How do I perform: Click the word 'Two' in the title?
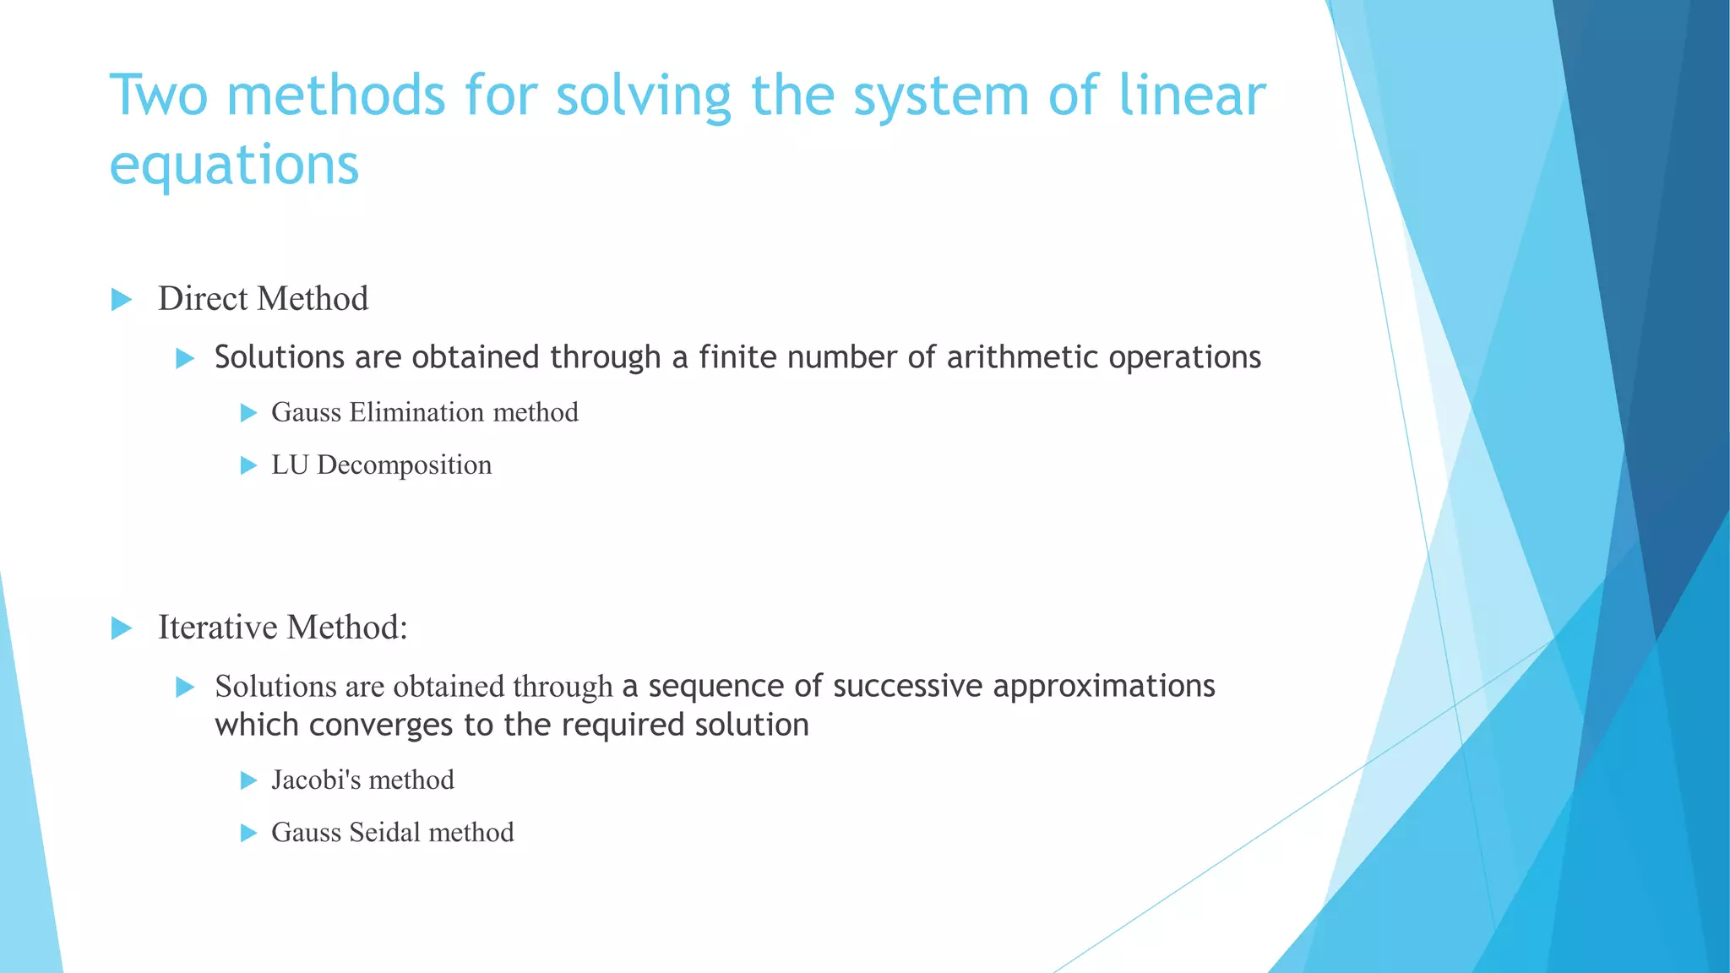[x=158, y=95]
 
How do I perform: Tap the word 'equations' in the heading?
[x=235, y=165]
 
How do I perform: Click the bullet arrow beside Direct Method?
[x=122, y=299]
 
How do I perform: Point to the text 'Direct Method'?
[x=263, y=299]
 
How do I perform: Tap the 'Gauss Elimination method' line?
[x=424, y=412]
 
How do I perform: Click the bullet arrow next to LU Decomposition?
[x=248, y=465]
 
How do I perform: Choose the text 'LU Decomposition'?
[x=381, y=465]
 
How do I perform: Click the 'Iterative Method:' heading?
[x=282, y=628]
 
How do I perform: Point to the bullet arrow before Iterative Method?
[x=122, y=628]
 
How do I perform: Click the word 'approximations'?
[x=1103, y=686]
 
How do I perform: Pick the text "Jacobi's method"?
[x=362, y=780]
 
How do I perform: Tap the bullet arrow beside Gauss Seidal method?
[x=248, y=833]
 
